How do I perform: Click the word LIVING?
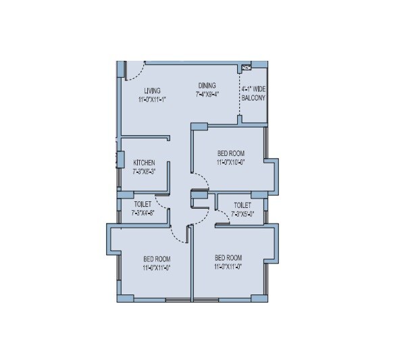coord(152,91)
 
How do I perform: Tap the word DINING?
coord(207,86)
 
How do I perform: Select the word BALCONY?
coord(253,99)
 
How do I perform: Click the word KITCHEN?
coord(144,163)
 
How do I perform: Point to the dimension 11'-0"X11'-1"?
coord(152,99)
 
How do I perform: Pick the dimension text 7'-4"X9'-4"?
coord(208,95)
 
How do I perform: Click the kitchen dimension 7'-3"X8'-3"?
coord(144,172)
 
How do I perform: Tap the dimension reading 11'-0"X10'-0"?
coord(230,163)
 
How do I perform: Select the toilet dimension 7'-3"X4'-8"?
coord(143,213)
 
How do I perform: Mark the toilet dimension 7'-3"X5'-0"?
coord(242,214)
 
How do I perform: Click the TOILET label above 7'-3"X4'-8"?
coord(143,204)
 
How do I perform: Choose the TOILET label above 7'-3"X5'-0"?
coord(242,205)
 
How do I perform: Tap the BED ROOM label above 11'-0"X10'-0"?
coord(230,154)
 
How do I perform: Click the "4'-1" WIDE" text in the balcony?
coord(253,89)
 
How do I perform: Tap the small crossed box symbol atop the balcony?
coord(247,67)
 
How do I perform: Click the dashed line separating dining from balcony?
coord(239,95)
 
